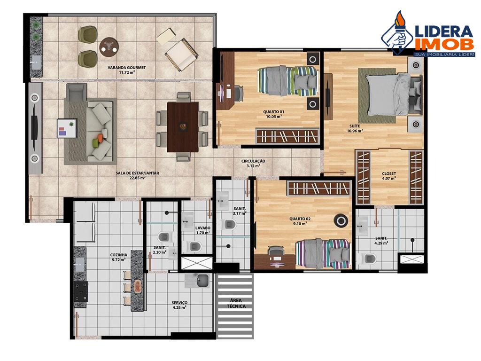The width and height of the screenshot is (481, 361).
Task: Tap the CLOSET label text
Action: click(x=389, y=173)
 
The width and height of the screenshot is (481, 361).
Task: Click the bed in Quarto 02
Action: click(x=323, y=253)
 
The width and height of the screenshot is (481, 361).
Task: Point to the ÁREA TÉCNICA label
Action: click(x=235, y=303)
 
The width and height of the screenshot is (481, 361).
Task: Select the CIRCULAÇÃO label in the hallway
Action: click(x=253, y=161)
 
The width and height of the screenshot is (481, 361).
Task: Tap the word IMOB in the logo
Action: click(x=444, y=44)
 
